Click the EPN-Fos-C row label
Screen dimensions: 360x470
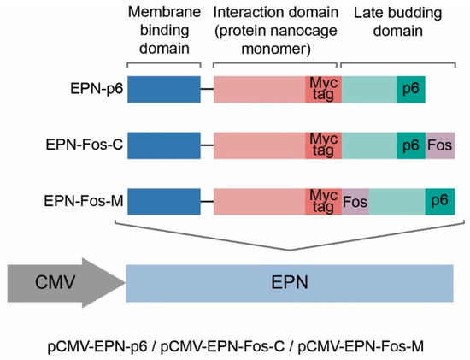click(92, 146)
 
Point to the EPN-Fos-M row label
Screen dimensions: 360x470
click(91, 202)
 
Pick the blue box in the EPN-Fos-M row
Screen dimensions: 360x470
click(163, 202)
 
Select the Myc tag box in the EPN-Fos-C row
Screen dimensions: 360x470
click(324, 146)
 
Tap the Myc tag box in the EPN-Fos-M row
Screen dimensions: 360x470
click(324, 202)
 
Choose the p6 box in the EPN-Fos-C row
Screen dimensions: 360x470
click(410, 146)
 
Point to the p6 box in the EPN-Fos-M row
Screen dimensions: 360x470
click(439, 202)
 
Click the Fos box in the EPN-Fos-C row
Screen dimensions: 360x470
click(439, 146)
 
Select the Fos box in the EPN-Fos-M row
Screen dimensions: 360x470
click(355, 202)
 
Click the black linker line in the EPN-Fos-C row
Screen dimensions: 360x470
click(206, 146)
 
